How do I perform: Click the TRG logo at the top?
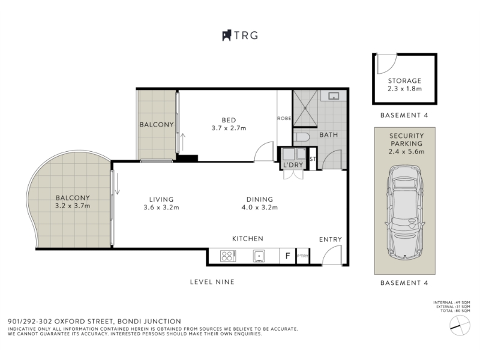coord(240,35)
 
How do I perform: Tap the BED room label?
coord(229,120)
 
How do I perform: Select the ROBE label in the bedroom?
coord(284,118)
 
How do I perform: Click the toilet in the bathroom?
coord(302,138)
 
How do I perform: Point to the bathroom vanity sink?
coord(334,96)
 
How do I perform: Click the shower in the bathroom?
coord(305,108)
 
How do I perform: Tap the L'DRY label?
coord(293,164)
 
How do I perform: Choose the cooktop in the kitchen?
coord(228,256)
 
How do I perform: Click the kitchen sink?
coord(259,256)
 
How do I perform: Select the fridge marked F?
coord(287,256)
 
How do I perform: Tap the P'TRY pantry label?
coord(303,256)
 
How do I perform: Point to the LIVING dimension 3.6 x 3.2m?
coord(161,207)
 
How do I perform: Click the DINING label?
coord(260,199)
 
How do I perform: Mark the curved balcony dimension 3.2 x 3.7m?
coord(73,206)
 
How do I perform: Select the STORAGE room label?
coord(404,81)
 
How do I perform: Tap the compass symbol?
coord(460,325)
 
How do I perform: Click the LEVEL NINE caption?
coord(212,282)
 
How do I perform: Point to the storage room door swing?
coord(386,64)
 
